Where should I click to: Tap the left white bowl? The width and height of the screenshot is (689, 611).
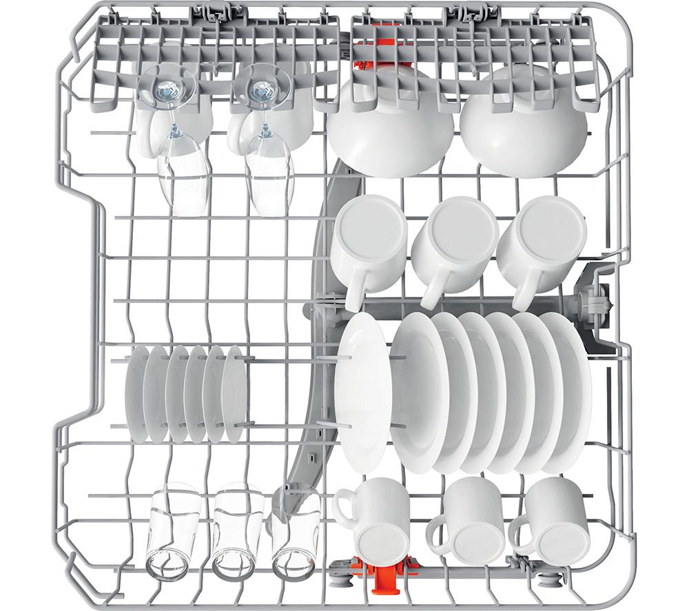point(389,138)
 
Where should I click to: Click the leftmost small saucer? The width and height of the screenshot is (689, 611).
point(136,393)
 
